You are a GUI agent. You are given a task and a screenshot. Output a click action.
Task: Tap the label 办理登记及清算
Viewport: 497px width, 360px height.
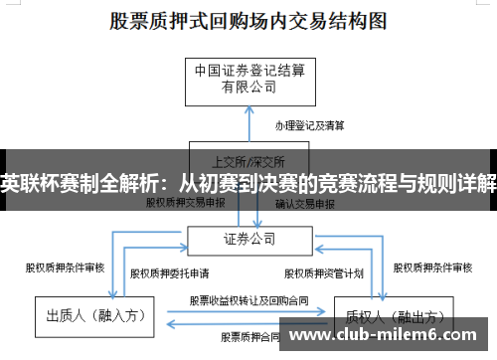(x=309, y=126)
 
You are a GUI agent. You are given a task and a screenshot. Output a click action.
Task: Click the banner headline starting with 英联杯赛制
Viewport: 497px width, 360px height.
(x=248, y=183)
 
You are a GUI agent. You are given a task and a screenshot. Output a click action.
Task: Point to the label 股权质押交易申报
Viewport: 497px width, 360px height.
(x=186, y=203)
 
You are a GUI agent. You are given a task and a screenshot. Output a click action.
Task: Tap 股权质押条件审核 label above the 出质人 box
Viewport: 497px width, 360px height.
(x=65, y=266)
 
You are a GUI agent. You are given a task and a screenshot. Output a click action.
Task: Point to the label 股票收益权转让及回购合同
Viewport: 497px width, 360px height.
(x=248, y=299)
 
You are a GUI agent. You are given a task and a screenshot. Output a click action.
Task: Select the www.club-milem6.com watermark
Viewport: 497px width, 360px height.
(x=388, y=336)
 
